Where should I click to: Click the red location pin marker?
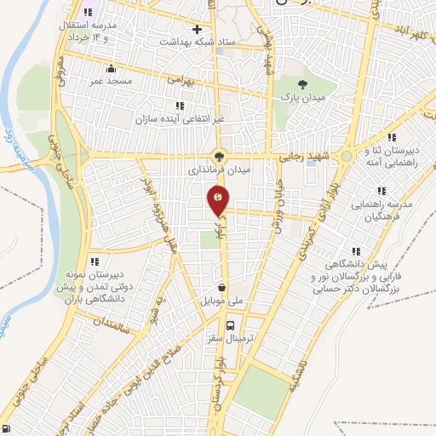point(219,202)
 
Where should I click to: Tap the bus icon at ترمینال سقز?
point(230,324)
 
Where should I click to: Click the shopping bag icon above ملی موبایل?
point(221,287)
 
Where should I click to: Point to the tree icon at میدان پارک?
point(302,83)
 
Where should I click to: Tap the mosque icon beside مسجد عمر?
point(110,68)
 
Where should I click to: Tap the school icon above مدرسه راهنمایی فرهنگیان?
point(379,191)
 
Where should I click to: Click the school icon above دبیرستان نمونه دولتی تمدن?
point(95,261)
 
